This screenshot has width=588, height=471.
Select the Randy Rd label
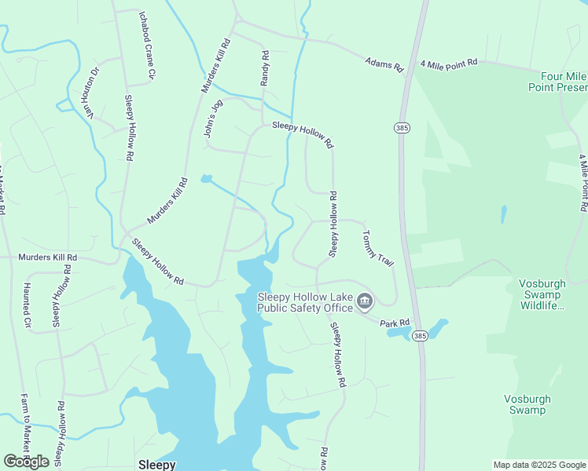(x=265, y=69)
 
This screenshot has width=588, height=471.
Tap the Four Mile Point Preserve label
(x=557, y=82)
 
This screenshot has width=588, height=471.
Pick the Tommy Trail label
(x=377, y=248)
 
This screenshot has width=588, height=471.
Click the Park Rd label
(x=395, y=323)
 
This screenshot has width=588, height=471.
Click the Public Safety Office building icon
(x=365, y=301)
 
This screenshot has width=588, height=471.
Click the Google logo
(x=27, y=462)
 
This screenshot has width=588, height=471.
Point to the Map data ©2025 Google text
(x=539, y=465)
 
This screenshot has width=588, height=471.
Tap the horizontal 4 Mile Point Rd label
(x=449, y=62)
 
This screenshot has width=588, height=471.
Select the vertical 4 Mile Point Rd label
(x=583, y=183)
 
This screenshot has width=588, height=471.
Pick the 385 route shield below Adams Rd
(x=401, y=128)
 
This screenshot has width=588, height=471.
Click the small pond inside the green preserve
(x=503, y=214)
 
